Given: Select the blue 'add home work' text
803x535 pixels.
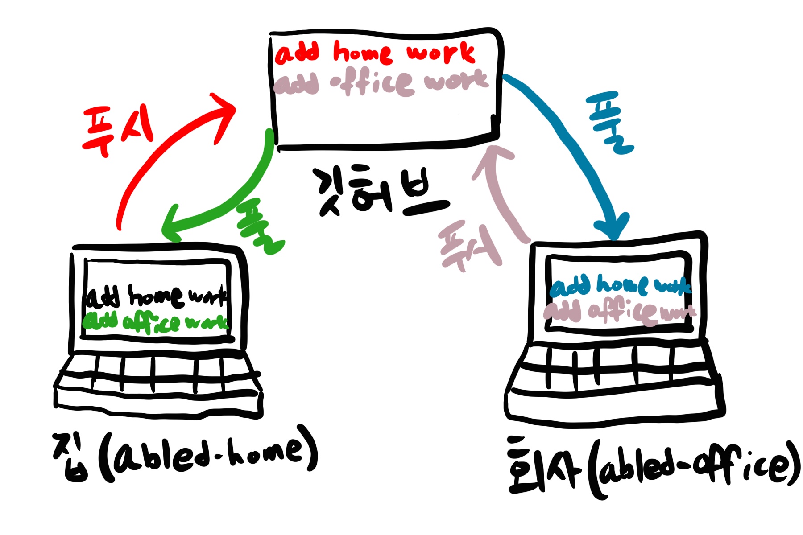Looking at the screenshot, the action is click(x=620, y=285).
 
